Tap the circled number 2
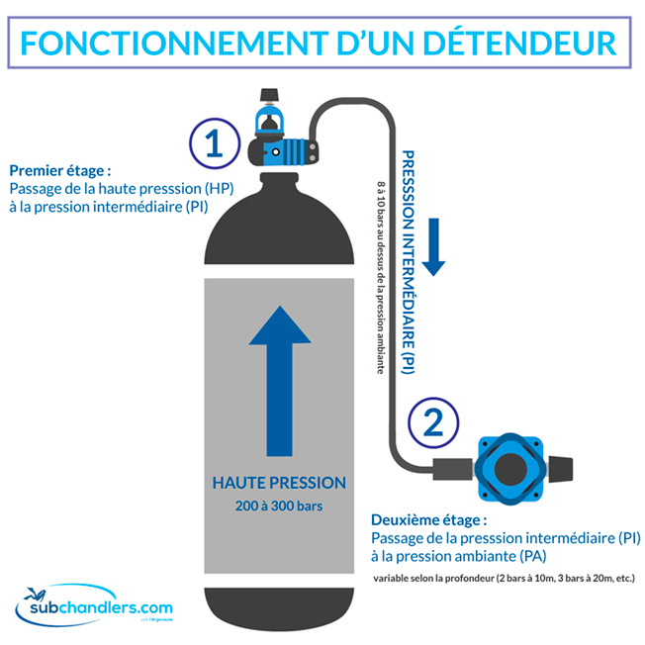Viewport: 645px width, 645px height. click(432, 422)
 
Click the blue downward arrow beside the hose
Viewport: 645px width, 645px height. click(432, 253)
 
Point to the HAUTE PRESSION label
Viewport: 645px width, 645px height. click(280, 483)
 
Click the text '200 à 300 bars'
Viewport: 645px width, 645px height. click(280, 507)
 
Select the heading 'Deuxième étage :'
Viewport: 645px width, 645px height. click(428, 519)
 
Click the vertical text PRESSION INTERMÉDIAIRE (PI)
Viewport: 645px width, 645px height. click(407, 262)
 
